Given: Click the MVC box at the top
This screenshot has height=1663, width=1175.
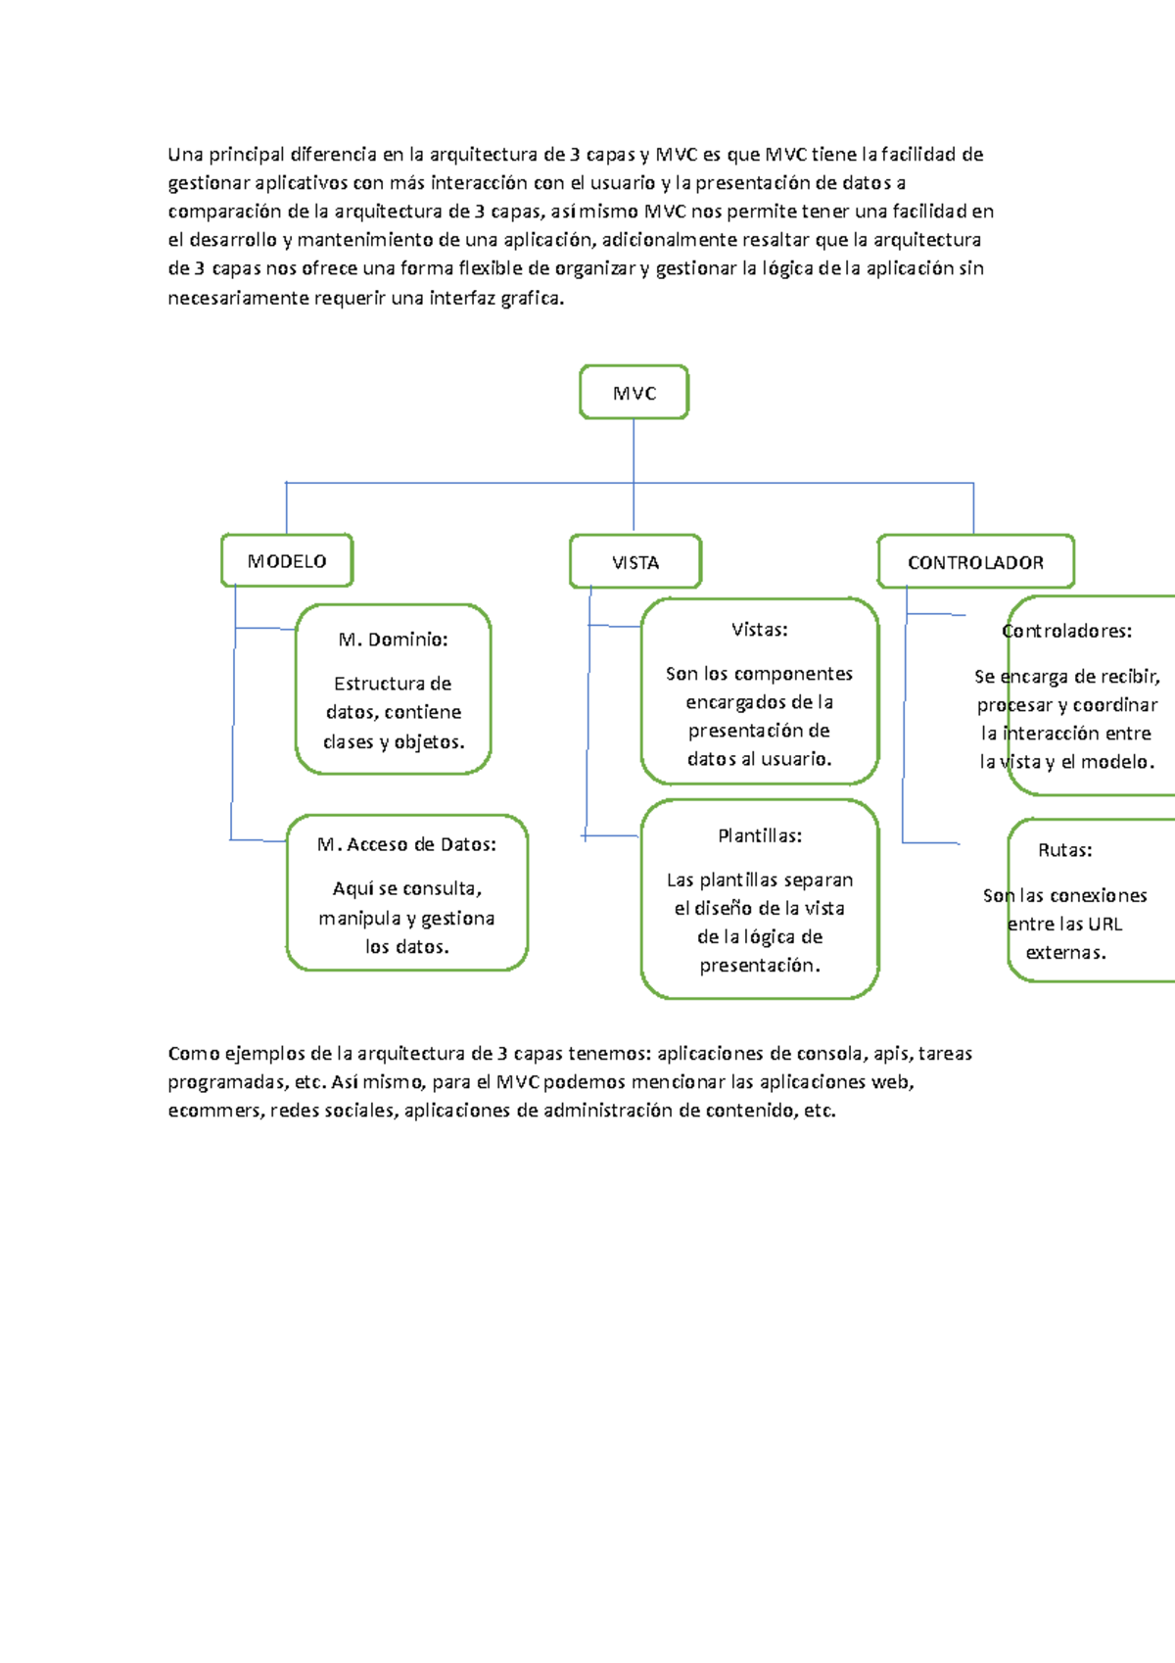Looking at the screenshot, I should pyautogui.click(x=634, y=393).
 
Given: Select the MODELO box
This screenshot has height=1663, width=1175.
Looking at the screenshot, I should pyautogui.click(x=287, y=561).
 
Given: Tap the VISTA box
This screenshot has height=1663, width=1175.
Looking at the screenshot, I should pyautogui.click(x=635, y=562).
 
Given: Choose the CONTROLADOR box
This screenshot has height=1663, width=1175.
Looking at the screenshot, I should pyautogui.click(x=975, y=562).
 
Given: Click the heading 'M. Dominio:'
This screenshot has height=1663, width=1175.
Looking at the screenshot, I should pyautogui.click(x=393, y=640).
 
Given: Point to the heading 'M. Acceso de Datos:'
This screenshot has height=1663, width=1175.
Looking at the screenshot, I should pyautogui.click(x=406, y=844).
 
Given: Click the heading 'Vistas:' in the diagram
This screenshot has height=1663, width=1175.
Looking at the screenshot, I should pyautogui.click(x=759, y=630).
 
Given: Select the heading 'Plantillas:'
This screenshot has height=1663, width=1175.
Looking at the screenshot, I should pyautogui.click(x=759, y=835).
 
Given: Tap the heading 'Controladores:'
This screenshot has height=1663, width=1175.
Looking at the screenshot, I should pyautogui.click(x=1066, y=631).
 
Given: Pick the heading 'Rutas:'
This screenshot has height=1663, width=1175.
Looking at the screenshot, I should pyautogui.click(x=1064, y=850).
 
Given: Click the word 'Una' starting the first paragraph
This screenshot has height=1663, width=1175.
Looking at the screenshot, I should pyautogui.click(x=184, y=154).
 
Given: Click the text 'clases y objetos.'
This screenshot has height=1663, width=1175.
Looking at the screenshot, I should pyautogui.click(x=394, y=741).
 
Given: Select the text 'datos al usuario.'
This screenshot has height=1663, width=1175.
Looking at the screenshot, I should pyautogui.click(x=759, y=759).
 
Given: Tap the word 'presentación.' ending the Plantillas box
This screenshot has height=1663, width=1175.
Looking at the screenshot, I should pyautogui.click(x=760, y=966).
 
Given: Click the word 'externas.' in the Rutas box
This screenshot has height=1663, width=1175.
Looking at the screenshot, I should pyautogui.click(x=1065, y=953).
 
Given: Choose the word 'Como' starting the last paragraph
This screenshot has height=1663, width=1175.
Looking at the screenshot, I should pyautogui.click(x=194, y=1054).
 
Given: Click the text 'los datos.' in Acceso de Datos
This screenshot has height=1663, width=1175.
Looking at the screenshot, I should pyautogui.click(x=406, y=947).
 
